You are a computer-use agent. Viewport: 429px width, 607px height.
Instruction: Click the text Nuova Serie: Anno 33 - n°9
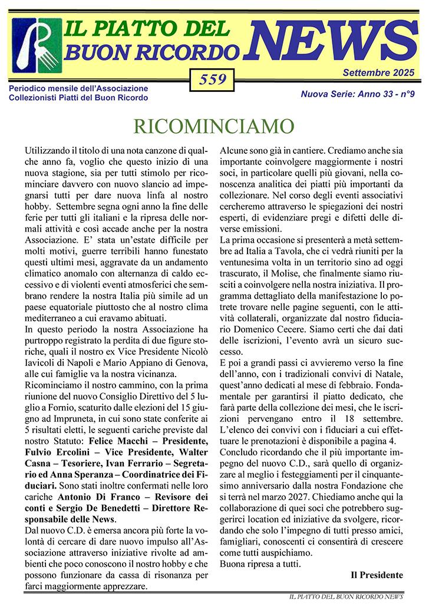(358, 93)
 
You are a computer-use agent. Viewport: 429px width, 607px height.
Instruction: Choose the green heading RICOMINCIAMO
(213, 126)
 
